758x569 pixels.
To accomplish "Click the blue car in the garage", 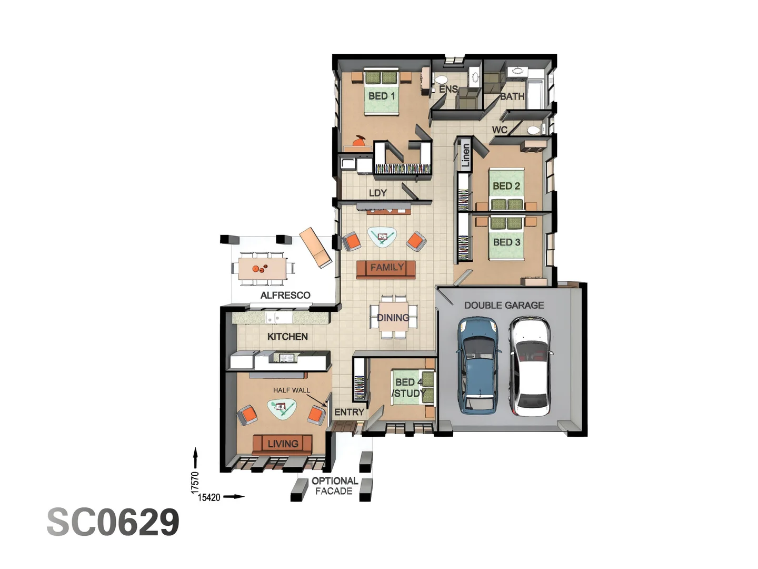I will pos(478,365).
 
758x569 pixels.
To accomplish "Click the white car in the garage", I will pos(530,366).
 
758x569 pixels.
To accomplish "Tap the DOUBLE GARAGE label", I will pos(504,305).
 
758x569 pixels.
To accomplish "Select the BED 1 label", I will pos(381,96).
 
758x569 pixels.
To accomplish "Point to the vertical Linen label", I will pos(465,155).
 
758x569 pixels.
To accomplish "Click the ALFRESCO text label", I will pos(285,296).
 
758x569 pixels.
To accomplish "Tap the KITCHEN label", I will pos(287,337).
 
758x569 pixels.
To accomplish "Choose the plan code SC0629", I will pos(113,523).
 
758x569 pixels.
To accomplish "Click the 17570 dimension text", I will pos(195,482).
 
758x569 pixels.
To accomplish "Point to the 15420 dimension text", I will pos(209,497).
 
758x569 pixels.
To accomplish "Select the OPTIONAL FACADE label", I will pos(334,486).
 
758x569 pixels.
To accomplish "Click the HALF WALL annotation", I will pos(291,390).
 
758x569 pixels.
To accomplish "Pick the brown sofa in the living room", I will pos(282,444).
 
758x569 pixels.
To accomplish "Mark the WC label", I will pos(500,130).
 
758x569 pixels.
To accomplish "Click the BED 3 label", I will pos(506,242).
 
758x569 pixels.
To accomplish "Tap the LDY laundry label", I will pos(377,193).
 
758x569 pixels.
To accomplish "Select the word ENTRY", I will pos(349,412).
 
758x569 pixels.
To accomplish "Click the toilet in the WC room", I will pos(534,130).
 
